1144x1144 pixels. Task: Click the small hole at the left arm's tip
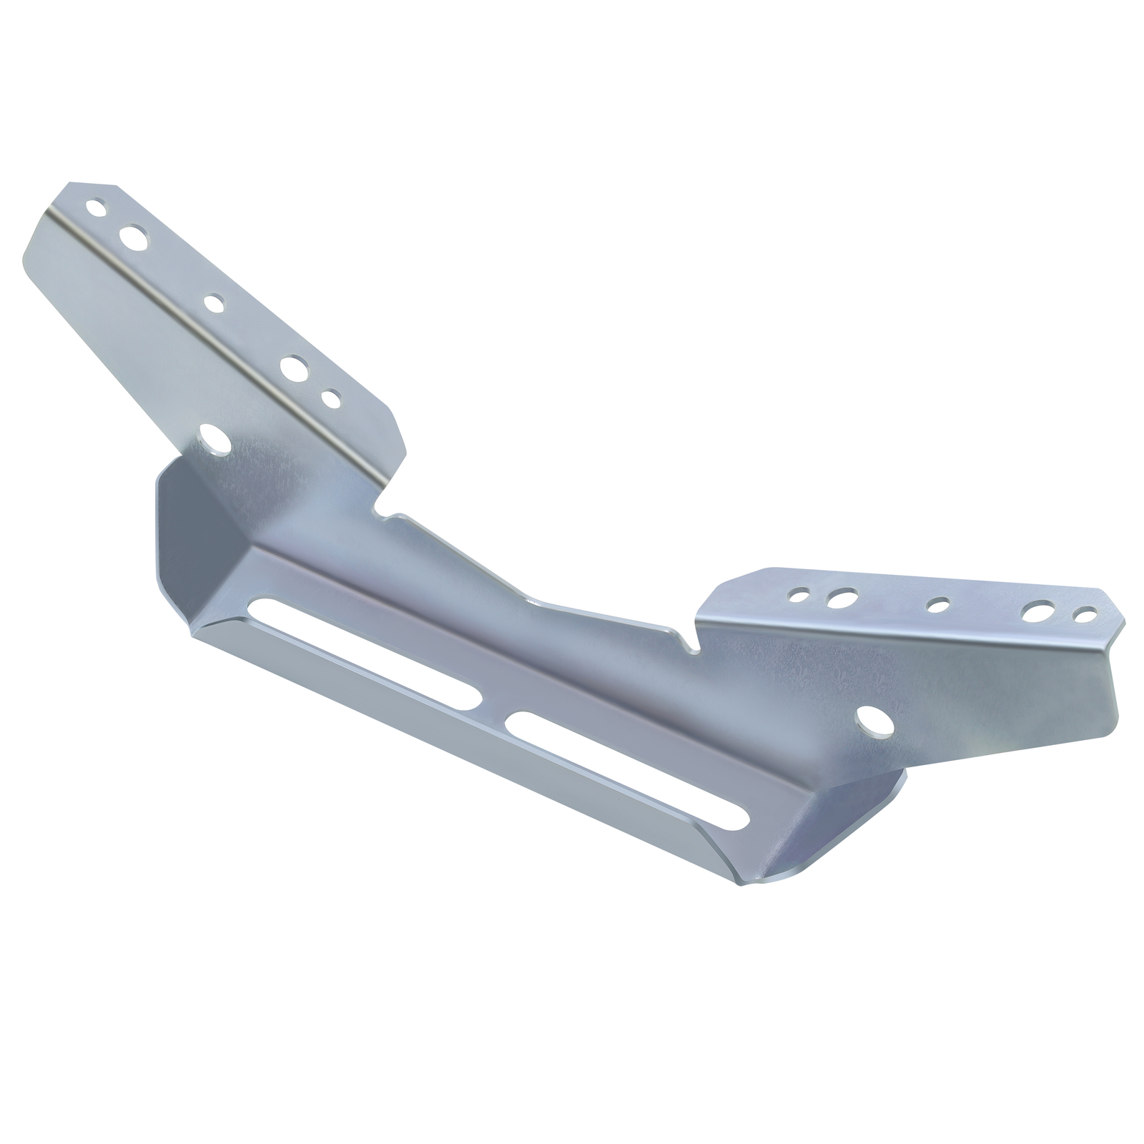coord(94,208)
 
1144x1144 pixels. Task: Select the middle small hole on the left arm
coord(213,302)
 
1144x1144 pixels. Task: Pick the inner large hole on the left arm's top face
coord(292,368)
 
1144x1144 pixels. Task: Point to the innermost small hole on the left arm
coord(331,397)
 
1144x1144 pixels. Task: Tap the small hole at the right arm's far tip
coord(1085,614)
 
